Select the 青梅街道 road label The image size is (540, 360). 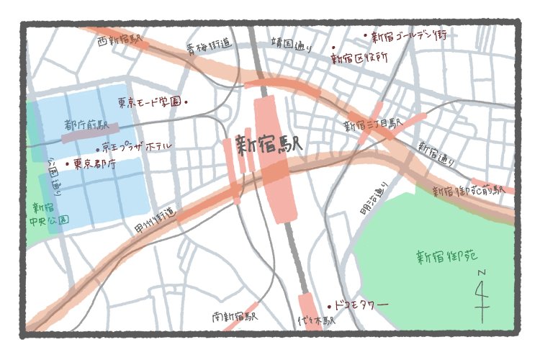(209, 48)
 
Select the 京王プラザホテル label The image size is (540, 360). (137, 147)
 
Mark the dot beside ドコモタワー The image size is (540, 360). (330, 306)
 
